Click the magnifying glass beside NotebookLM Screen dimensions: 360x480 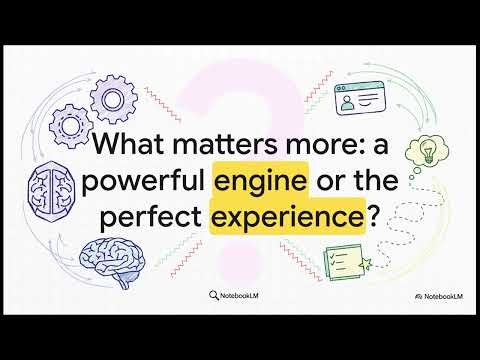pyautogui.click(x=215, y=295)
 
